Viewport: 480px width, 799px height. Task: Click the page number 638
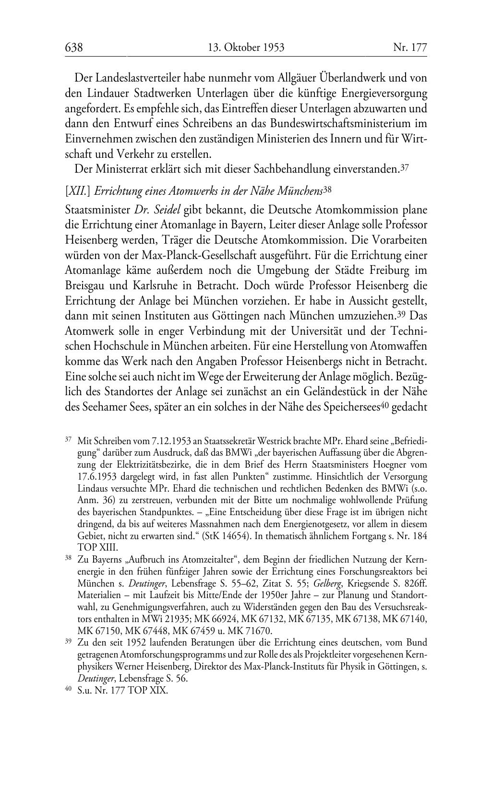click(x=74, y=47)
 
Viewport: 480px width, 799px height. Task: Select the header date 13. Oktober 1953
click(x=246, y=47)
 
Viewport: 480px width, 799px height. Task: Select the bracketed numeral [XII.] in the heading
click(x=78, y=190)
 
